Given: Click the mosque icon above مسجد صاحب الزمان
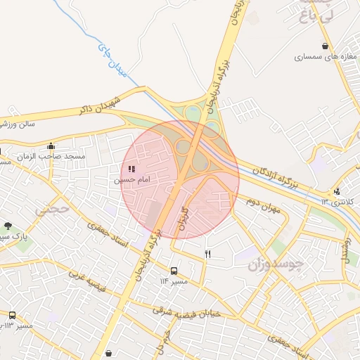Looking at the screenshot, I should click(x=51, y=146).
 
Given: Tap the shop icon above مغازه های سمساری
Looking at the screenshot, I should click(x=323, y=46).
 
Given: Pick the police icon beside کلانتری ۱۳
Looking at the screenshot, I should click(x=337, y=191).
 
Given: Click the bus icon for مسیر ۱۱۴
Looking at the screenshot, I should click(x=174, y=270).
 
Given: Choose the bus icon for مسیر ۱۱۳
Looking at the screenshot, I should click(x=12, y=314).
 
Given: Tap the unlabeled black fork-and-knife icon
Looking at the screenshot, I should click(x=207, y=254).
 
